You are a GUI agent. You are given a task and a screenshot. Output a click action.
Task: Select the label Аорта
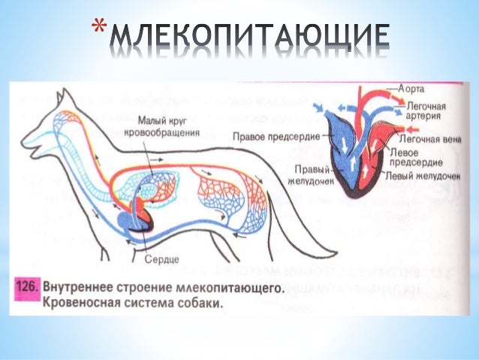click(x=412, y=89)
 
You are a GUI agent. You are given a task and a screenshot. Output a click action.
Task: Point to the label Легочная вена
click(x=424, y=140)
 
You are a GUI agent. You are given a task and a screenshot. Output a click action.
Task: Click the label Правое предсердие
click(x=276, y=136)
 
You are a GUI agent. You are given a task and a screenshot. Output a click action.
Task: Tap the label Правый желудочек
click(x=304, y=174)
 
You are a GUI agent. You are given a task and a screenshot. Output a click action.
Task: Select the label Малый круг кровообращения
click(x=169, y=126)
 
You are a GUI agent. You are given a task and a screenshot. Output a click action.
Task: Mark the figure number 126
click(x=28, y=288)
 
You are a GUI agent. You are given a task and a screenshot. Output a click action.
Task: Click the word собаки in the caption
click(x=201, y=304)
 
